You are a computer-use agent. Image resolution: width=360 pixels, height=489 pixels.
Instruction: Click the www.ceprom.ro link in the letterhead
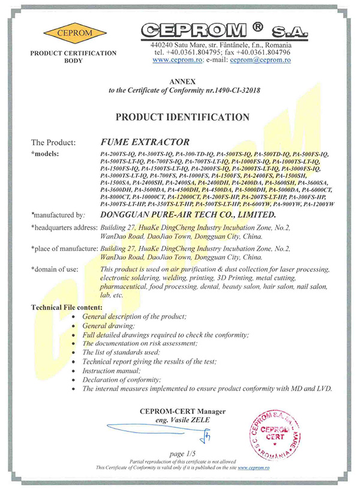176,60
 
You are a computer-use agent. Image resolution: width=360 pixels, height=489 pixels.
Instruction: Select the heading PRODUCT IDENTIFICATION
179,116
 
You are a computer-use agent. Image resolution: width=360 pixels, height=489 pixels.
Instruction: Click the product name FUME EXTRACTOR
137,143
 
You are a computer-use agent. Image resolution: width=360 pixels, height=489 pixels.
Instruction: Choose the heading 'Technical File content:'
67,307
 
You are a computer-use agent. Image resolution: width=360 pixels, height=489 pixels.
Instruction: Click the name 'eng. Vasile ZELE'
179,420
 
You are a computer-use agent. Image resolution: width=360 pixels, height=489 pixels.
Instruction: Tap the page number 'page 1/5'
179,454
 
